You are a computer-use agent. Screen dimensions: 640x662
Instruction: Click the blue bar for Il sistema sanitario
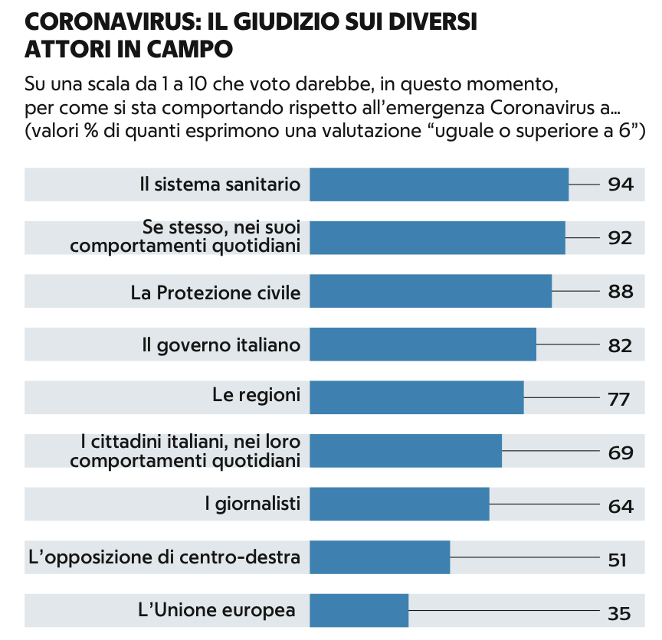(439, 184)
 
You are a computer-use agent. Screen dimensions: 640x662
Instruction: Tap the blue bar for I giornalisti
(399, 504)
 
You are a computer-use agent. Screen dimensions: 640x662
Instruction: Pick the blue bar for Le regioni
(416, 397)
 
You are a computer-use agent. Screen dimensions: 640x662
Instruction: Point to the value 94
(620, 184)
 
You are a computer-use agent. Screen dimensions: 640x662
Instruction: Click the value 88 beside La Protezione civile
(620, 292)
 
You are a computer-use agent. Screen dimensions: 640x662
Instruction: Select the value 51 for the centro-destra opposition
(618, 560)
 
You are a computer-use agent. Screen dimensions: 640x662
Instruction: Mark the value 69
(620, 452)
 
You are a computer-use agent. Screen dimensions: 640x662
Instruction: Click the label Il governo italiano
(221, 345)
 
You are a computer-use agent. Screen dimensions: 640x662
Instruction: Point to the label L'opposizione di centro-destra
(164, 557)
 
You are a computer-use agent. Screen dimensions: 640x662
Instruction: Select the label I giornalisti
(252, 504)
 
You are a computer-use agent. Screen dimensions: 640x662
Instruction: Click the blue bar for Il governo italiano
(422, 344)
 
